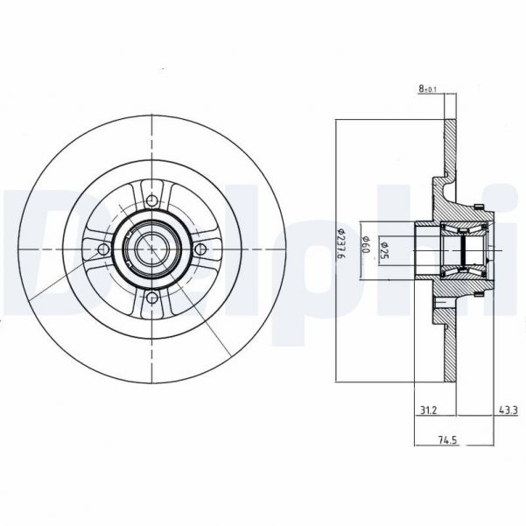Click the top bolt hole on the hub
[152, 200]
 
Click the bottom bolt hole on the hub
[152, 300]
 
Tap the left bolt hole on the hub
[103, 250]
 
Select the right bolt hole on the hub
[202, 250]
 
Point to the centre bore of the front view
[152, 250]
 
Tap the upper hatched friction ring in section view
[451, 149]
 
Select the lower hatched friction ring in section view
[451, 350]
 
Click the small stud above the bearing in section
[479, 206]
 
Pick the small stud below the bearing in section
[479, 295]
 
